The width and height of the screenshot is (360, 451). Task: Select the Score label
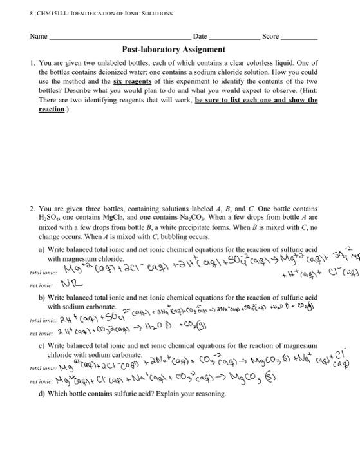[x=270, y=37]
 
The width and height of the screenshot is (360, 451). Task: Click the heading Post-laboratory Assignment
[x=173, y=49]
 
